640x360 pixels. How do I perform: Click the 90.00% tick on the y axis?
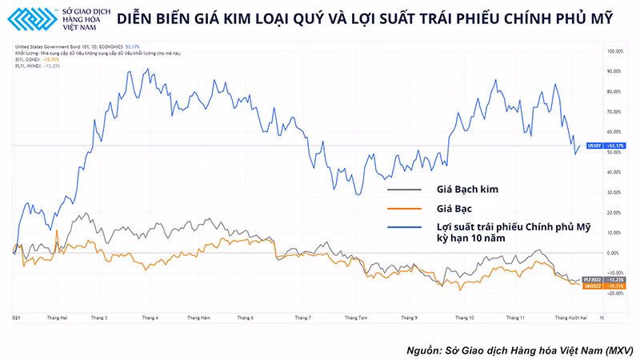615,71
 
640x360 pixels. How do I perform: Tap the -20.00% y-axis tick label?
614,293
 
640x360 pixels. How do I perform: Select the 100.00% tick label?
614,51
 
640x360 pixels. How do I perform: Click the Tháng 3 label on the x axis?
101,318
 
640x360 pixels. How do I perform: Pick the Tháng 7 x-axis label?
302,318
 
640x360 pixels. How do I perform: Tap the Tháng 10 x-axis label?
465,318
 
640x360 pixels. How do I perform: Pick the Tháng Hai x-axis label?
57,318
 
